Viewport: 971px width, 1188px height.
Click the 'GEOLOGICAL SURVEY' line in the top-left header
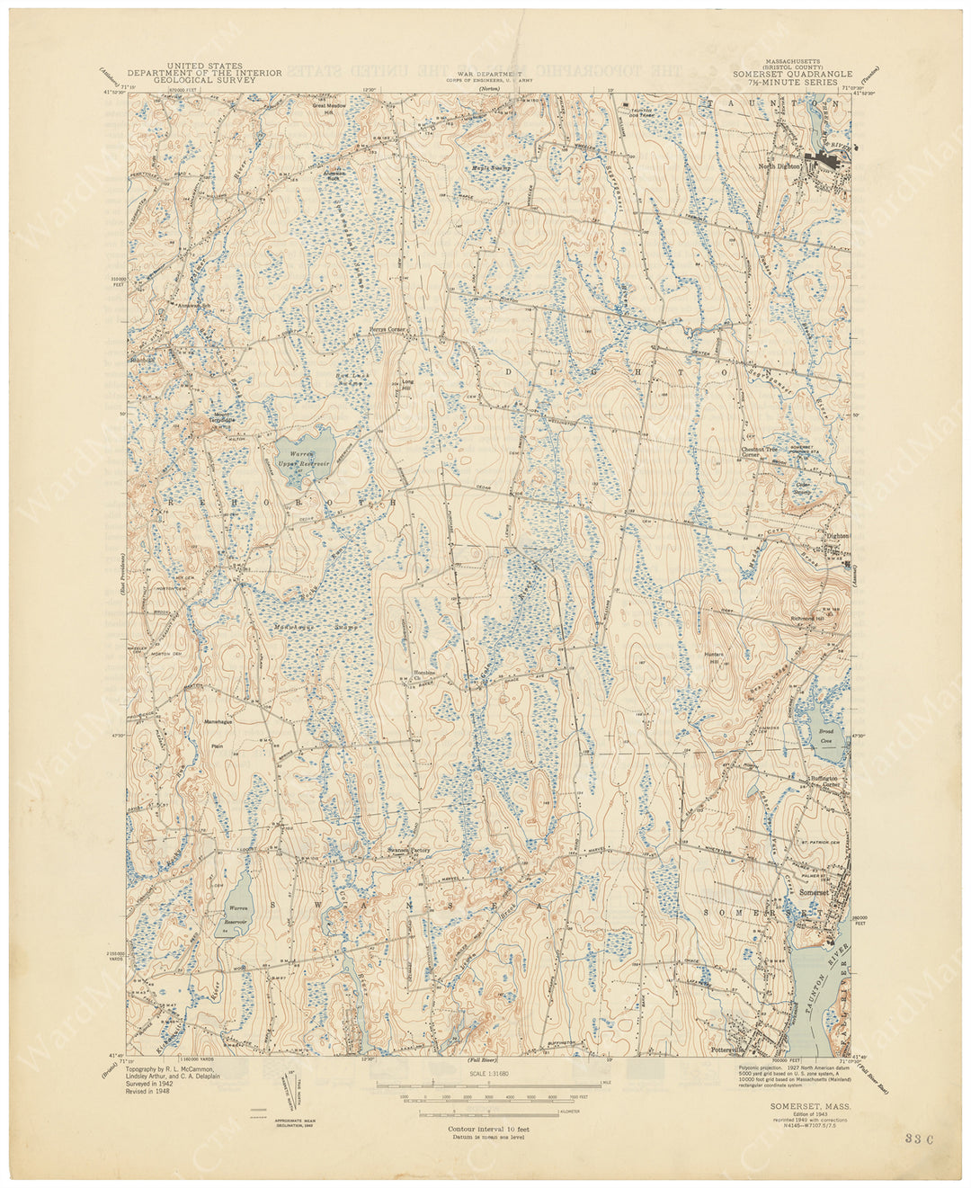(204, 80)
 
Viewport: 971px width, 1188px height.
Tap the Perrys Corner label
(388, 330)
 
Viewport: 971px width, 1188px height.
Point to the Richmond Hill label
(808, 619)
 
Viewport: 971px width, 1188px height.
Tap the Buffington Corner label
(824, 781)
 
